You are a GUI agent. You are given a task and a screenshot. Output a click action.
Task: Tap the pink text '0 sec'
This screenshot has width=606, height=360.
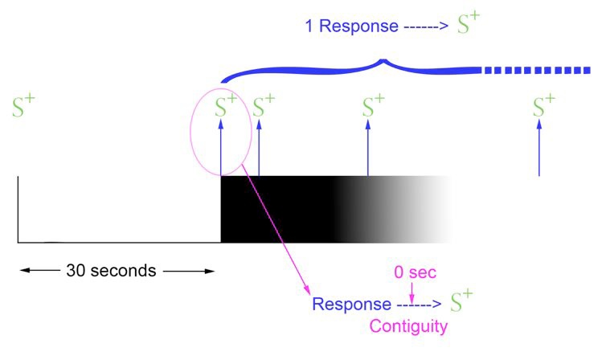pos(415,272)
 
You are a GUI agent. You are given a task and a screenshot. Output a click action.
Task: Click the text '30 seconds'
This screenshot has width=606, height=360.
pos(112,270)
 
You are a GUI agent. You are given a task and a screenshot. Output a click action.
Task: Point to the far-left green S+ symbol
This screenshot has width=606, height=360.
pos(24,108)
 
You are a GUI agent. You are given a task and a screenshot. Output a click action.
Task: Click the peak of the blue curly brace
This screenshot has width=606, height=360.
pos(384,60)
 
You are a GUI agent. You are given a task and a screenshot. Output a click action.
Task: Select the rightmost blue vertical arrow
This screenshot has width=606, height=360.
pos(539,149)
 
